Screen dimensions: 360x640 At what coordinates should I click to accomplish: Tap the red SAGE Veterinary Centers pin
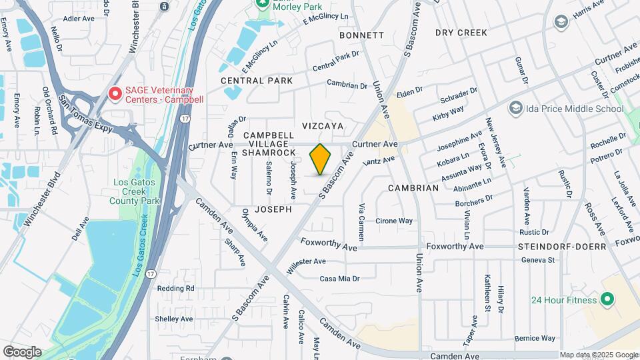(115, 94)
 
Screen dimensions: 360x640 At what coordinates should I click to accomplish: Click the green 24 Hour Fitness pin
(607, 300)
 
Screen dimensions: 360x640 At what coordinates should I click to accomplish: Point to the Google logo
(22, 352)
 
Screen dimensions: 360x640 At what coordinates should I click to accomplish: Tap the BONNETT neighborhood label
(361, 35)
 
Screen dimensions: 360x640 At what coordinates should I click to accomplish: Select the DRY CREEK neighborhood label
(461, 32)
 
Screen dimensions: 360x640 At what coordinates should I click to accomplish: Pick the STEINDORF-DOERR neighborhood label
(562, 247)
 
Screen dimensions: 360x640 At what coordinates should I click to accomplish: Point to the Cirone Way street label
(394, 221)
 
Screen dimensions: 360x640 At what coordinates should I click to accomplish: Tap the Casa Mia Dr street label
(339, 279)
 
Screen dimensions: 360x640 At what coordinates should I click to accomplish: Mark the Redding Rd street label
(175, 288)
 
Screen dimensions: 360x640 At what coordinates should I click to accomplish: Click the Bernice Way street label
(535, 339)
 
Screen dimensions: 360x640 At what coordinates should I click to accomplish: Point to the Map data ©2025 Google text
(599, 355)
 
